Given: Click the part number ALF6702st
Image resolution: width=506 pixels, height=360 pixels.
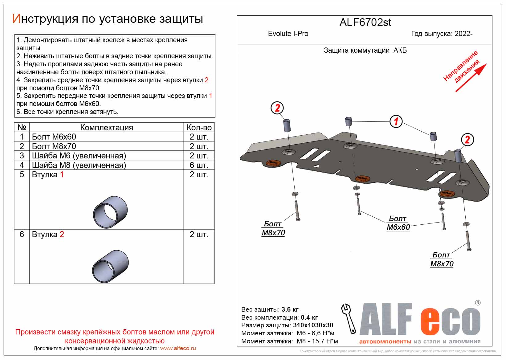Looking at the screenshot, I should coord(365,22).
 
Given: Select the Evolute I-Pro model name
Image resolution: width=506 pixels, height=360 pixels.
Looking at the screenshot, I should coord(288,34).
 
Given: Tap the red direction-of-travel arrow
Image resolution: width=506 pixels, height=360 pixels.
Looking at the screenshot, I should coord(471,78).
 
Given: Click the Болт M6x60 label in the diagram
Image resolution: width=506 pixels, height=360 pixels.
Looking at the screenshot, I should coord(398,223).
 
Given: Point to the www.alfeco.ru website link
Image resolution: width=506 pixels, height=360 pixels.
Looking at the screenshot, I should coord(178,348).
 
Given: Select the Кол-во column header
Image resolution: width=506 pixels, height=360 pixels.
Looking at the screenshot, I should coord(199,128).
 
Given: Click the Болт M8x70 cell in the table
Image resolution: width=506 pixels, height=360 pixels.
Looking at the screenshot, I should coord(54,146).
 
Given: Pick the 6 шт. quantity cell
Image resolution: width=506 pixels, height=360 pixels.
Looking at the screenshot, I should coord(199,165).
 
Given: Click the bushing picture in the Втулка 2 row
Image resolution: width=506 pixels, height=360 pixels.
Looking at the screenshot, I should coord(110,266).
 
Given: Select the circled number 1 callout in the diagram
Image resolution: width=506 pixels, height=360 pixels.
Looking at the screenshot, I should coord(396,121).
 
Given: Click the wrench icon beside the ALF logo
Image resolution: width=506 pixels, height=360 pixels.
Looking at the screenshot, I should coord(348,318).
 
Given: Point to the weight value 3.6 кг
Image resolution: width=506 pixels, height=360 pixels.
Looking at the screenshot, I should coord(290,309).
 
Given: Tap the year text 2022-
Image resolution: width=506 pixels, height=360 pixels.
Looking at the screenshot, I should coord(463,34).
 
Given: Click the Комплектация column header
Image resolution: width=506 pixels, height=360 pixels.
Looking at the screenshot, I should coord(106,128).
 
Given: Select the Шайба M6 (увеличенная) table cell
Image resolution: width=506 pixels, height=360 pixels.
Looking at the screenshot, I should coord(79,156).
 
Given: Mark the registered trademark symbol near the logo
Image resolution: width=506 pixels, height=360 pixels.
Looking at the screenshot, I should coord(478,303).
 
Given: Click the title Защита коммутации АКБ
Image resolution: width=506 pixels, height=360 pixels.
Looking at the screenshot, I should coord(365,51).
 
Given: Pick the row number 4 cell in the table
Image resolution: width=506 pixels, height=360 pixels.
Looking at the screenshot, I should coord(22,165).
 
